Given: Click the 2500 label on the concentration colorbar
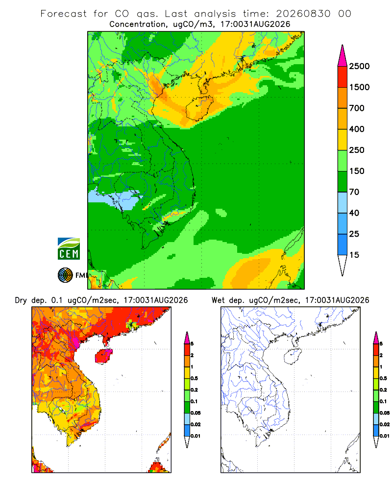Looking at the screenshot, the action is (359, 66).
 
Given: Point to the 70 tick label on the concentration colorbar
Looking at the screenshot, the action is (354, 192).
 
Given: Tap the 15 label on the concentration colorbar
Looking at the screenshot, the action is (354, 255).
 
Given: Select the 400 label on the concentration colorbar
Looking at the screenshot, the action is (357, 129).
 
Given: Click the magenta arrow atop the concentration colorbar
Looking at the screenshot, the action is (343, 56).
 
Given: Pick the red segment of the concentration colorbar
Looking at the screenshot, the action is (343, 76).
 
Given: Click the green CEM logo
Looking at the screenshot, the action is (69, 249).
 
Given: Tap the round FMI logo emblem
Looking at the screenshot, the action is (65, 275).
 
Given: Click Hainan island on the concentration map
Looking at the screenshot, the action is (199, 108).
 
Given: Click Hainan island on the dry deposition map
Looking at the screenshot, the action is (103, 356).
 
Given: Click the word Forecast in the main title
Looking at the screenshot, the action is (64, 14).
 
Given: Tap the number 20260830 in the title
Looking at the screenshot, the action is (303, 14).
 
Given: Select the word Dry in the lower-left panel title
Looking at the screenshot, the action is (21, 300).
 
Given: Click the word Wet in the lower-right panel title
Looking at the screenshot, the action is (218, 300).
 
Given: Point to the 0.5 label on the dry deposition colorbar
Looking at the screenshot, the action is (194, 378).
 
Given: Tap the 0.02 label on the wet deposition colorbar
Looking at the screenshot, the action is (385, 424).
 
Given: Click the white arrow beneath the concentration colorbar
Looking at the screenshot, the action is (343, 264).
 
